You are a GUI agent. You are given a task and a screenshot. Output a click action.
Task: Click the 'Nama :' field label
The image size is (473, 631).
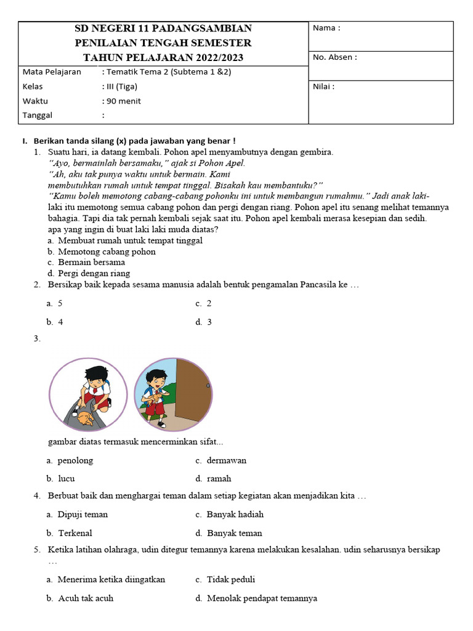click(326, 28)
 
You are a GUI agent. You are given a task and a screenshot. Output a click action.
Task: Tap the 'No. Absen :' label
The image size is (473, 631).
click(335, 57)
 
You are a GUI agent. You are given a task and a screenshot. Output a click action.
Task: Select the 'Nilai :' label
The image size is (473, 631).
click(324, 86)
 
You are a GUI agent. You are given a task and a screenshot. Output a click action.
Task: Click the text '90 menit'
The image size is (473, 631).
click(124, 101)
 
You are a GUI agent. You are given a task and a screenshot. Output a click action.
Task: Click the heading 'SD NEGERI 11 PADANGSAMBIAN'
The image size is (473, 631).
click(163, 28)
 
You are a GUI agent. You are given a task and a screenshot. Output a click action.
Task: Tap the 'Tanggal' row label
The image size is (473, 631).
click(38, 115)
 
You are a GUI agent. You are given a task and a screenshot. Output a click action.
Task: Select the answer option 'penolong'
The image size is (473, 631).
click(75, 460)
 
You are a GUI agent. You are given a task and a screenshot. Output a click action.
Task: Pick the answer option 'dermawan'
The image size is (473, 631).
click(227, 460)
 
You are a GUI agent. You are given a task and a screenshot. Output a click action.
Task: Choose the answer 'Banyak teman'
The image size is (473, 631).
click(235, 533)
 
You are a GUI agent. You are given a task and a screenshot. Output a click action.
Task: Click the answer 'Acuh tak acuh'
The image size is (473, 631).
click(86, 598)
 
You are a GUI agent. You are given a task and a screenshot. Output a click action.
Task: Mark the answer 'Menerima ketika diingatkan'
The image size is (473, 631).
click(111, 579)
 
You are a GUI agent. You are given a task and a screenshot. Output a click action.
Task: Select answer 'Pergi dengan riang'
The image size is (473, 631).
click(94, 274)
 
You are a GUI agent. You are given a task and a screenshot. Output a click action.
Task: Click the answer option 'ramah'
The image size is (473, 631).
click(219, 478)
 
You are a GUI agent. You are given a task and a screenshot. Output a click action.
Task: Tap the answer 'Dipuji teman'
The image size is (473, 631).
click(83, 515)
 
